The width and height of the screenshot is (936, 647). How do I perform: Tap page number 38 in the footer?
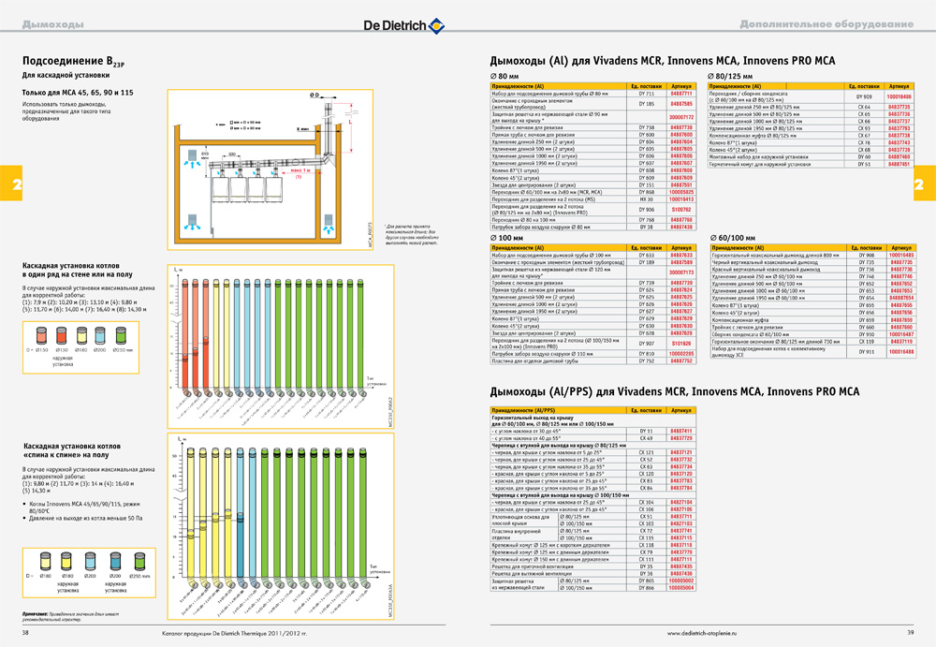26,633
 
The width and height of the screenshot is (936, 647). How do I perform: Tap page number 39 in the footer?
909,633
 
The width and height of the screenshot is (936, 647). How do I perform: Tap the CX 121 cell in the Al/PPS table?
646,452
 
